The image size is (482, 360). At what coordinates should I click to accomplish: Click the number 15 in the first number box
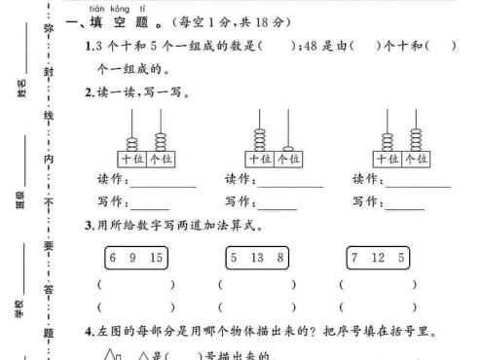click(157, 257)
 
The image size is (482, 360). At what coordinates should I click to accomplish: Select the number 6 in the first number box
click(113, 257)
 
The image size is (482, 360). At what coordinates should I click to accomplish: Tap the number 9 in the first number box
click(132, 257)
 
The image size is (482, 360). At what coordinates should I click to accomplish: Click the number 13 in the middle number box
click(255, 257)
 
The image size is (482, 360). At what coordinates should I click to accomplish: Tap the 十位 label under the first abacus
click(131, 158)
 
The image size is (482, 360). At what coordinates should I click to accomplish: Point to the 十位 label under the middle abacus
click(259, 158)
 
